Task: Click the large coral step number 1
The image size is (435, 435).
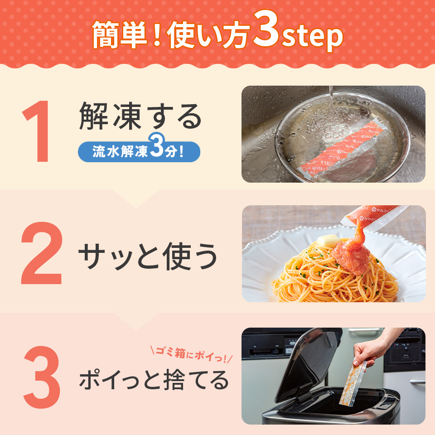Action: [x=38, y=131]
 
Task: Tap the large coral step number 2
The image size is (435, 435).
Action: [x=41, y=253]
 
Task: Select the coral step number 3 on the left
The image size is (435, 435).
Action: [x=42, y=377]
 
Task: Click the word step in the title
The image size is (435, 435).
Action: [x=312, y=37]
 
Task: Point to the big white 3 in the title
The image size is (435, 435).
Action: [x=266, y=29]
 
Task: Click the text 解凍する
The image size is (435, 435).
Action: [x=140, y=116]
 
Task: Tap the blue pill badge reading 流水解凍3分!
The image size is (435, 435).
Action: [x=139, y=151]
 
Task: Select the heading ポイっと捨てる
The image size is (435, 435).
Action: [x=154, y=380]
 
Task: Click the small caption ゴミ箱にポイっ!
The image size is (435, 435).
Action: [x=191, y=354]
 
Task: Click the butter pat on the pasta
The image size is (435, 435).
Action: [x=328, y=240]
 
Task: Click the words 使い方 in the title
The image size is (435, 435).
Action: [x=208, y=35]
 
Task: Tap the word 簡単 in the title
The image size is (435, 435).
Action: [x=120, y=35]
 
